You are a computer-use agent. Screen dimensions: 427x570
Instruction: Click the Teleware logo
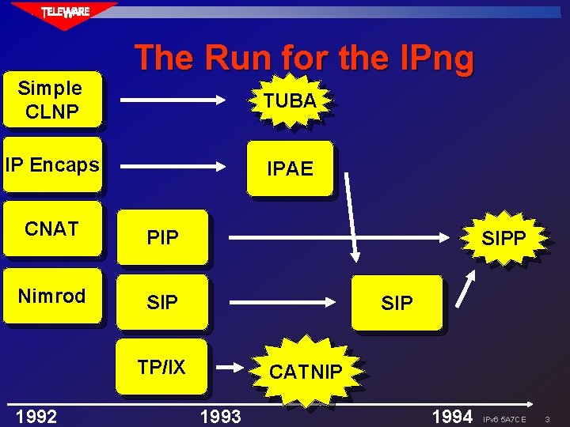(66, 13)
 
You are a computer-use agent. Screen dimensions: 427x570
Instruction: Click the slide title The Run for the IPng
(304, 58)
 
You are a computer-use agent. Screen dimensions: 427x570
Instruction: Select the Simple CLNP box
(51, 100)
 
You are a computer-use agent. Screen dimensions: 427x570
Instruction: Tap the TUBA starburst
(290, 100)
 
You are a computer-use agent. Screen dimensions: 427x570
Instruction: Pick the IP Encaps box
(51, 165)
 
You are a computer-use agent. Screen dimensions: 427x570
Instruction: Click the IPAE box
(290, 168)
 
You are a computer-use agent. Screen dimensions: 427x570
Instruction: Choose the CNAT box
(51, 229)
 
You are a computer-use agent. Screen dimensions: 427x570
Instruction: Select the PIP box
(162, 237)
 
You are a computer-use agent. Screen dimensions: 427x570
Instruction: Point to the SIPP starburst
(503, 237)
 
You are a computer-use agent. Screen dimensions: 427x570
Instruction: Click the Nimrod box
(51, 297)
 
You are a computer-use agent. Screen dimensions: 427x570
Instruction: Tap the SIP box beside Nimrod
(162, 302)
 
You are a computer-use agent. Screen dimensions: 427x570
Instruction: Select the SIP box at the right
(397, 302)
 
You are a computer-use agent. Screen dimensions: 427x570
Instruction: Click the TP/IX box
(161, 367)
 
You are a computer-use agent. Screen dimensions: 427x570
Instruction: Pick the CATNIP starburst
(306, 372)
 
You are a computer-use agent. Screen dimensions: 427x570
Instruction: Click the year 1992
(36, 416)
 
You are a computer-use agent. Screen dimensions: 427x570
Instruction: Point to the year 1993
(221, 416)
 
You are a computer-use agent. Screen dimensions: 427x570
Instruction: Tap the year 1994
(452, 416)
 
